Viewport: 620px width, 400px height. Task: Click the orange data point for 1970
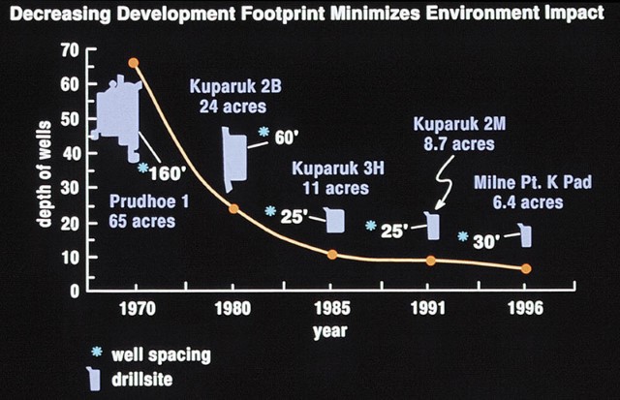pyautogui.click(x=134, y=63)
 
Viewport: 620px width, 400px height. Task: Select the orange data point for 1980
pyautogui.click(x=233, y=208)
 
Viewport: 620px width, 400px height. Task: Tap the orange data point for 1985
pyautogui.click(x=332, y=255)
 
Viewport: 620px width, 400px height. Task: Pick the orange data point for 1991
pyautogui.click(x=431, y=261)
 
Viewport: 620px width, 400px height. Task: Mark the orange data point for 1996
pyautogui.click(x=526, y=268)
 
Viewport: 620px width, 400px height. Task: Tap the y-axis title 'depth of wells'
pyautogui.click(x=43, y=170)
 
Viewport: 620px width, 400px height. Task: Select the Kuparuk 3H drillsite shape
pyautogui.click(x=335, y=220)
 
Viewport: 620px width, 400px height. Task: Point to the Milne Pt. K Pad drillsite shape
pyautogui.click(x=525, y=235)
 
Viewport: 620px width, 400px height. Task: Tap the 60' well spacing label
pyautogui.click(x=284, y=138)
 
